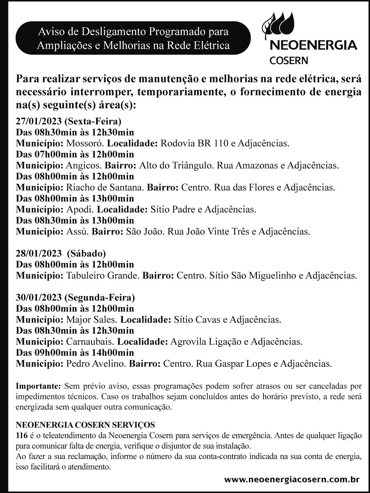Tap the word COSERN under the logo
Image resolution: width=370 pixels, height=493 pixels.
pos(284,61)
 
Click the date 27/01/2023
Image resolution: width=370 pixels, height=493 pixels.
pos(39,121)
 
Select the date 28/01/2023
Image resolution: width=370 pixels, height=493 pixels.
pos(39,253)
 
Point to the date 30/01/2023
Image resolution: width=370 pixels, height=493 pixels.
pos(39,297)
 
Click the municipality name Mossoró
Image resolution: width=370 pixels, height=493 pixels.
pos(85,143)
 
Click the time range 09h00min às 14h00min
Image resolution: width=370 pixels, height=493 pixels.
pos(84,353)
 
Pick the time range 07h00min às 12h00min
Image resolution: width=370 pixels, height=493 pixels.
pos(84,154)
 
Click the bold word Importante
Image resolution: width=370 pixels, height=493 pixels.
pos(39,386)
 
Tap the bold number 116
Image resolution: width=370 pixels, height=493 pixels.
pos(22,435)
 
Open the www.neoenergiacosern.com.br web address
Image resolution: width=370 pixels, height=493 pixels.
pos(292,480)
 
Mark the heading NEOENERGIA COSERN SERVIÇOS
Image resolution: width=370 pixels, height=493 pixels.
pos(86,425)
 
